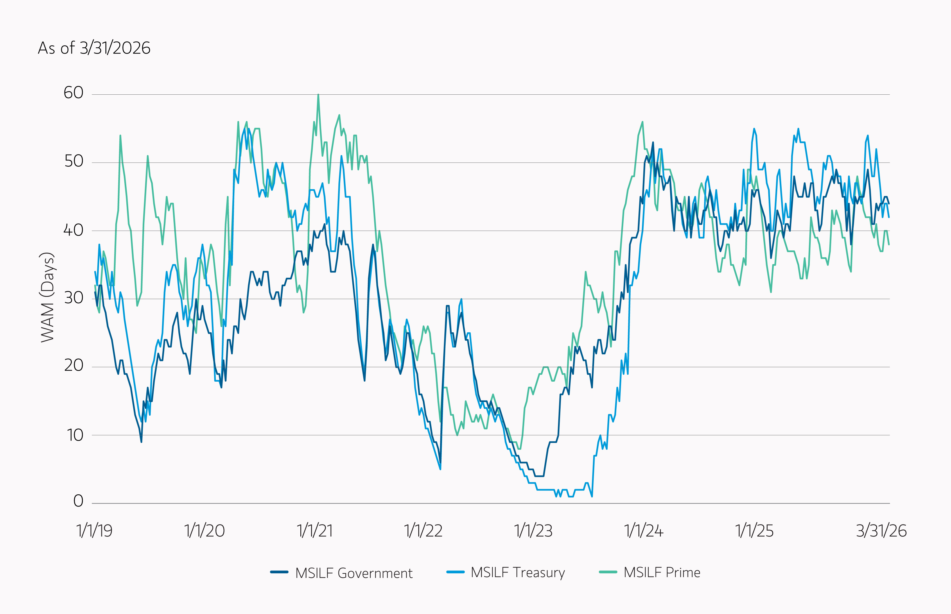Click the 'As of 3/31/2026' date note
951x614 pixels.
[x=94, y=48]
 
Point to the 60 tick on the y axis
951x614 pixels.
[x=73, y=93]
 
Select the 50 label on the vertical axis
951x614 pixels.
[x=73, y=161]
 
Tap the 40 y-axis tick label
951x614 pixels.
[x=73, y=230]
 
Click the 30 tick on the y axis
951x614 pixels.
[x=73, y=297]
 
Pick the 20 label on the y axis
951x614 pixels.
[x=73, y=365]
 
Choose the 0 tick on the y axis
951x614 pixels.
[x=78, y=501]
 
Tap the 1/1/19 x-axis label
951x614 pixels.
[x=94, y=531]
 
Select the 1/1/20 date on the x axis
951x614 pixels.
[x=204, y=531]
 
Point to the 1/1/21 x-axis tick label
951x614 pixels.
[x=315, y=531]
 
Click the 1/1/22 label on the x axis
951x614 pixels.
[x=424, y=531]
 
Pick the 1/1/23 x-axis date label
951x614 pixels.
[x=534, y=531]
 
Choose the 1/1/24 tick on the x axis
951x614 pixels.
[x=644, y=531]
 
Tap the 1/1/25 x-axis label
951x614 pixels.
[x=754, y=531]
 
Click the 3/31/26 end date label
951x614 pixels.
[x=881, y=531]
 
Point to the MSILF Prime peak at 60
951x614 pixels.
[x=318, y=95]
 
